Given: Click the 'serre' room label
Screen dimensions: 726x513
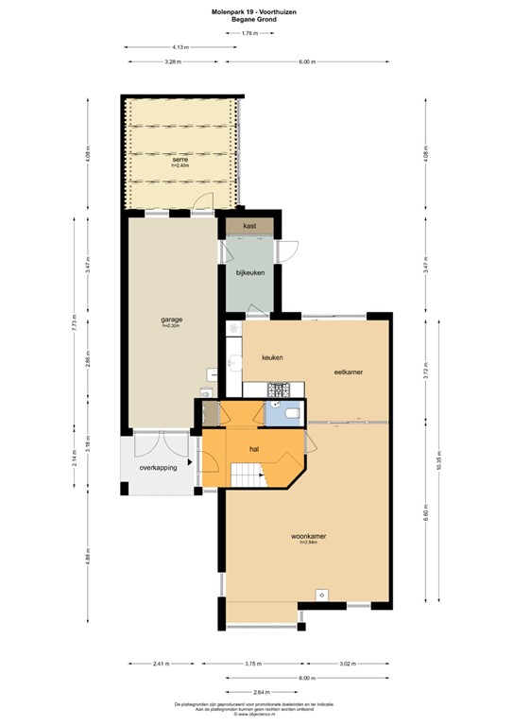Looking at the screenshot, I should click(x=180, y=160).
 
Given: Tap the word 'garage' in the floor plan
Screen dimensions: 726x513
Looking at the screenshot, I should click(x=171, y=320).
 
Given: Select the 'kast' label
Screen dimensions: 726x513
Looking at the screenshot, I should click(x=249, y=227).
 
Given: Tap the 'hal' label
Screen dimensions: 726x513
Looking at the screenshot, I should click(x=254, y=449).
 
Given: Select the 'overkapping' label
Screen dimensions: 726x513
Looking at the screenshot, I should click(x=158, y=467).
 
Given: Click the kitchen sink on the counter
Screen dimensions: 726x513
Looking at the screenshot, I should click(x=233, y=362).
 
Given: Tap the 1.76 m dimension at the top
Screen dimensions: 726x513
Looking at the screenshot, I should click(x=249, y=33).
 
